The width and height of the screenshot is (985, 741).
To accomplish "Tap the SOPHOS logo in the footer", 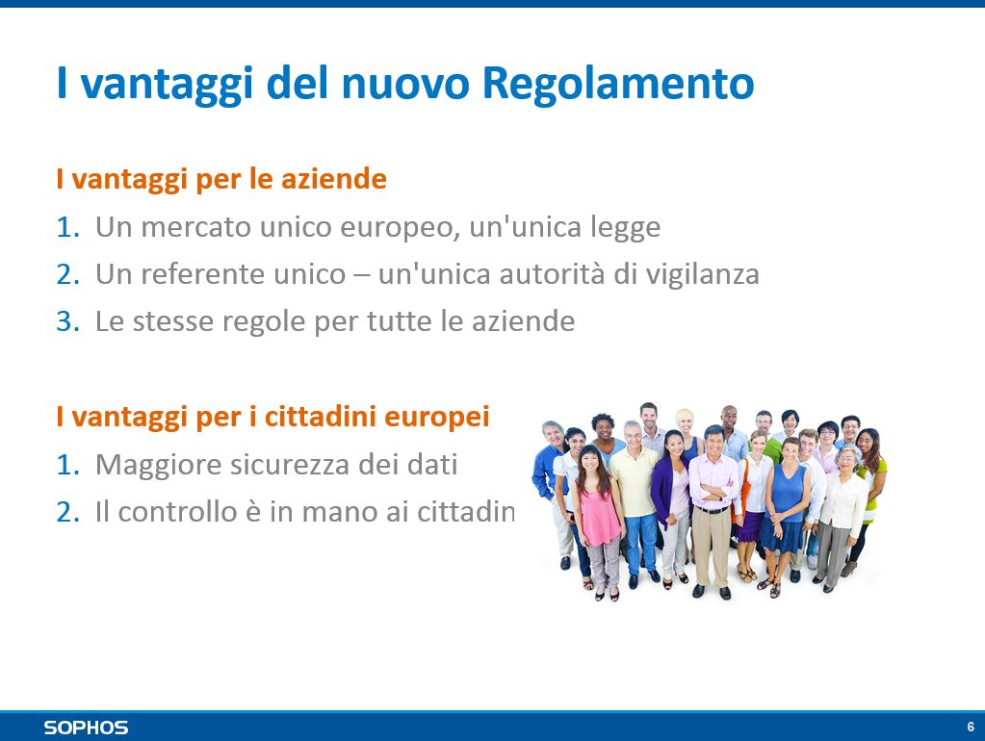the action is (x=86, y=728).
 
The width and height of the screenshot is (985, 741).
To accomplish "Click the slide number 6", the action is (x=971, y=727).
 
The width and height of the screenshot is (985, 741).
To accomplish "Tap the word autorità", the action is (x=552, y=274).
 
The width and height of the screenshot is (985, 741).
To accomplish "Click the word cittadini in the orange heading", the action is (x=320, y=417).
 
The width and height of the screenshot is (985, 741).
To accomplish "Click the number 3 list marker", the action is (x=67, y=321).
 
